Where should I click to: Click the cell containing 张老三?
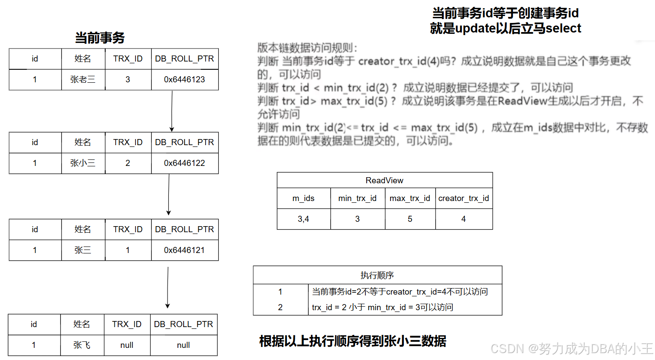pos(83,80)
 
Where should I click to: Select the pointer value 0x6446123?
pos(184,80)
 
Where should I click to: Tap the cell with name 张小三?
pos(83,163)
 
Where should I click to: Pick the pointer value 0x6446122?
pos(184,163)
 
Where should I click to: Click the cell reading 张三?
pos(83,250)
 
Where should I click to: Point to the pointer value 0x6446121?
pos(184,250)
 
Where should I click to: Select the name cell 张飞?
pos(82,345)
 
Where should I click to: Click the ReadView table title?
pos(384,180)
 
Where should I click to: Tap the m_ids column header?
pos(303,198)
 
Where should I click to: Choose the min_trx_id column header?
pos(357,198)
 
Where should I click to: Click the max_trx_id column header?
pos(410,198)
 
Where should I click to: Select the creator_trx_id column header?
pos(464,198)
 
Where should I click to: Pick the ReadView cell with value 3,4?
pos(303,219)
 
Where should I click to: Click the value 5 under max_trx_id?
pos(410,219)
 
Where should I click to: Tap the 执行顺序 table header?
pos(377,276)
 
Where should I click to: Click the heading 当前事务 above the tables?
pos(100,38)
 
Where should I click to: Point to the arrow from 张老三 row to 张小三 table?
pos(172,111)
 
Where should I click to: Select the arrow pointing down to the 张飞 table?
pos(168,287)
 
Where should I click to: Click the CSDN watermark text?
pos(571,349)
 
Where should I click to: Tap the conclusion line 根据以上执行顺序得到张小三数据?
pos(352,341)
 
